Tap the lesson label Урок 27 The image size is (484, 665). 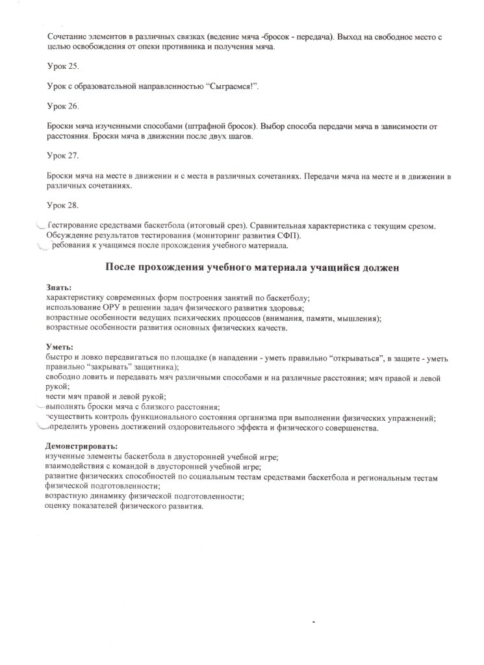click(62, 156)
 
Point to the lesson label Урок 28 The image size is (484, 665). click(62, 207)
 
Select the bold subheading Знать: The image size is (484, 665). click(59, 286)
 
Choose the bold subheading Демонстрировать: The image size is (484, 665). click(81, 447)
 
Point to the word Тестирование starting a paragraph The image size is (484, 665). click(75, 226)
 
